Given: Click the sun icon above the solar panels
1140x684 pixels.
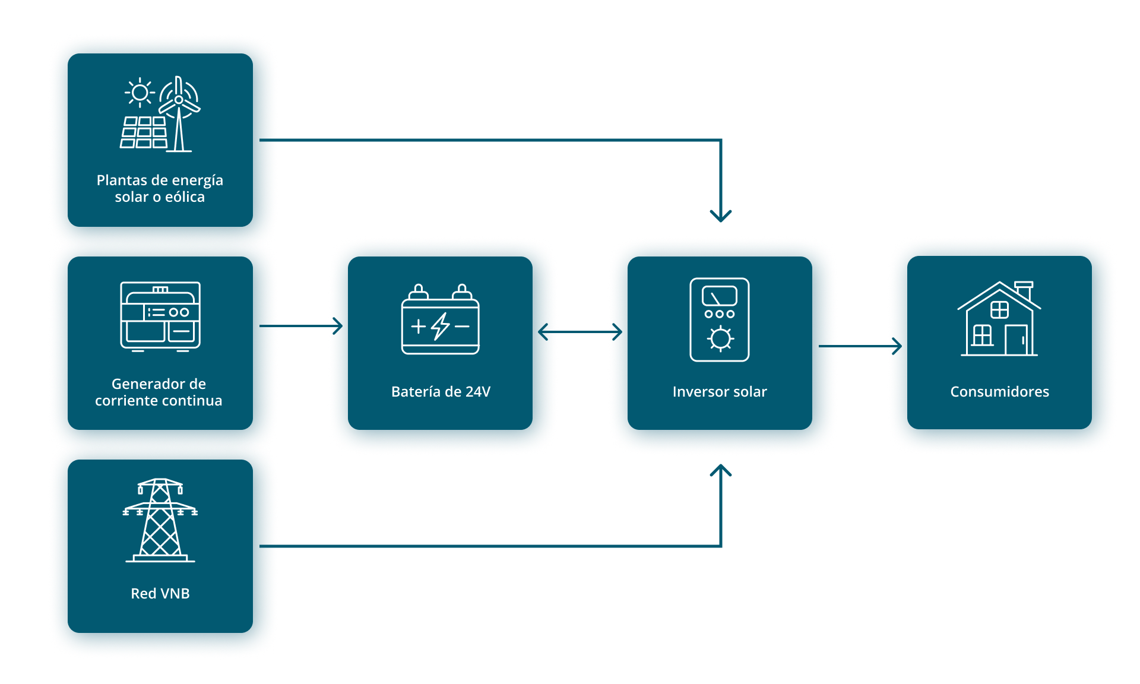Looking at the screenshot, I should coord(140,93).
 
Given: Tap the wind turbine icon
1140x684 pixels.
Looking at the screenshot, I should coord(179,113).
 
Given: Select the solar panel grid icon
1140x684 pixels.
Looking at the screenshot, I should coord(144,132).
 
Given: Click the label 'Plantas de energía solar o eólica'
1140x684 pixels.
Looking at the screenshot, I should coord(160,188).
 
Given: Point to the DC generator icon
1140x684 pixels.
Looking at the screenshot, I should coord(160,316).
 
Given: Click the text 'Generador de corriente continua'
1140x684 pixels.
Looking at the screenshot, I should coord(159,392).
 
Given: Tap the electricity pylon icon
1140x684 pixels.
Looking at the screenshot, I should coord(160,520).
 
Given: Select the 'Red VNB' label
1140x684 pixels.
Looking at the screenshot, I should coord(160,593).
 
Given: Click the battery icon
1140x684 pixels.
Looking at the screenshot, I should coord(441,321).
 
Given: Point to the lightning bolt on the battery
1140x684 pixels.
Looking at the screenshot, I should coord(441,326).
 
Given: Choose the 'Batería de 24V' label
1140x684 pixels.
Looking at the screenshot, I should coord(441,391).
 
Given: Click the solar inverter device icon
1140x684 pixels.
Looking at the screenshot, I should coord(720,319).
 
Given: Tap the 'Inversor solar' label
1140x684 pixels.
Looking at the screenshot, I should coord(720,391).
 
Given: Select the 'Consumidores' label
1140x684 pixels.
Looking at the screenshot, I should coord(999,391).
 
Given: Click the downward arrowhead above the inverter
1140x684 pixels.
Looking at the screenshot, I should coord(721,215).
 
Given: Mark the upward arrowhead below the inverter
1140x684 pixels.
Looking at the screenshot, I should coord(721,471).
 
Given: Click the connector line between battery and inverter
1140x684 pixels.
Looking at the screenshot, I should coord(583,332).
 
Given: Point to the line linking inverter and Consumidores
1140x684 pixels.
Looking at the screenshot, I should coord(863,346).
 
